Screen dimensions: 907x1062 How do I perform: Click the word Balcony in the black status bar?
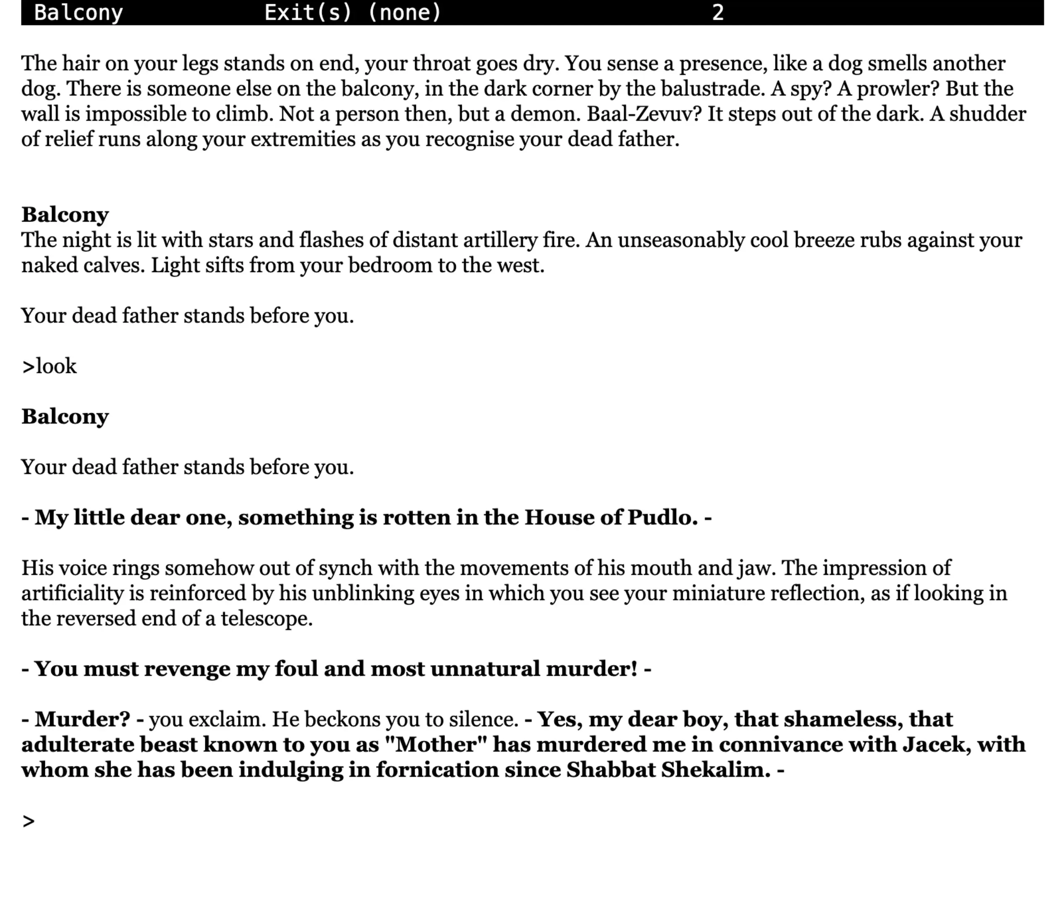[x=78, y=12]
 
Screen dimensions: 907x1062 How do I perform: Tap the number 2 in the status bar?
[x=717, y=12]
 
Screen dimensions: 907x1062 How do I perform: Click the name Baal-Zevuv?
[x=644, y=114]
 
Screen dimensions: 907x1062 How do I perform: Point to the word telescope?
[x=267, y=619]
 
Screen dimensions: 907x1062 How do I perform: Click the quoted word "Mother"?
[x=435, y=744]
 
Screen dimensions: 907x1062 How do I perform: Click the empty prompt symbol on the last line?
[x=28, y=821]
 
